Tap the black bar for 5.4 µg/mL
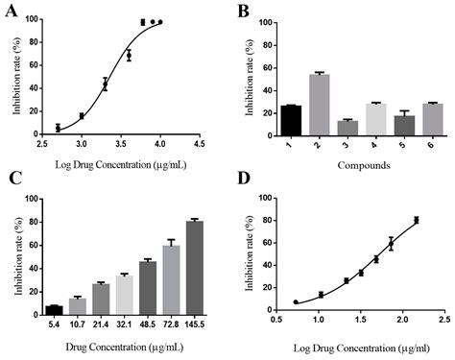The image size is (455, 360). point(54,310)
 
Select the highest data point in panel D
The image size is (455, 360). point(416,220)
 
